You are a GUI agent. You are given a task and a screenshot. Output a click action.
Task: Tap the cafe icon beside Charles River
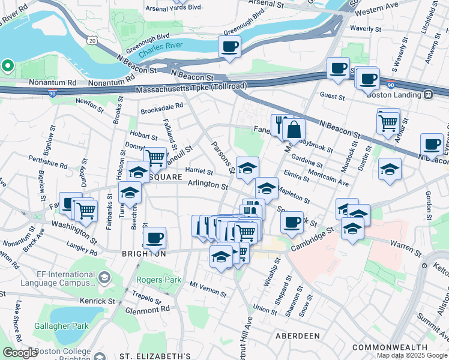pyautogui.click(x=229, y=46)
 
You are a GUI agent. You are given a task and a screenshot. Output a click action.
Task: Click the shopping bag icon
pyautogui.click(x=294, y=129)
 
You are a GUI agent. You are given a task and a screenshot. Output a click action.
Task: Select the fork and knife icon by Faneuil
pyautogui.click(x=279, y=125)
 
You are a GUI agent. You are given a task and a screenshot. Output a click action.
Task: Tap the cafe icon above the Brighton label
pyautogui.click(x=155, y=238)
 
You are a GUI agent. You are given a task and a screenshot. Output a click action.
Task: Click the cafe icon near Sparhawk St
pyautogui.click(x=292, y=222)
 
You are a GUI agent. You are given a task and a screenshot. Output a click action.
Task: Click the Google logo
pyautogui.click(x=20, y=353)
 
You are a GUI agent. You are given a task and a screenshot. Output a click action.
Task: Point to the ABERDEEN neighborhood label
pyautogui.click(x=297, y=335)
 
